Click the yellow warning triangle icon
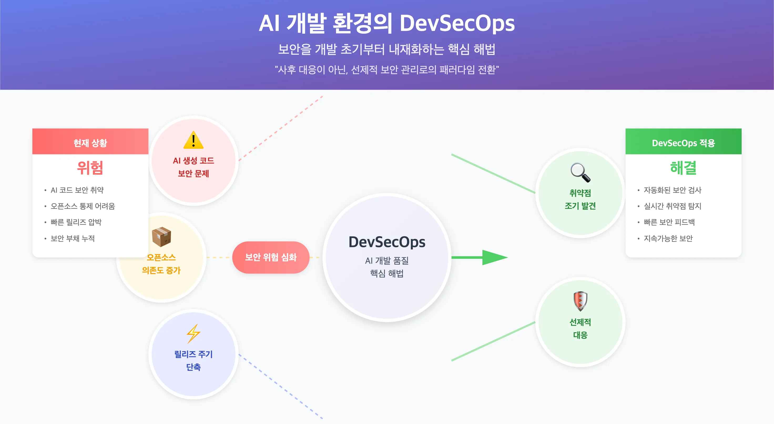(x=193, y=140)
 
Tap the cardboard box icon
(x=161, y=237)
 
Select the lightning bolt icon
(x=193, y=334)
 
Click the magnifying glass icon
(x=580, y=172)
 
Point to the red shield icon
(x=580, y=301)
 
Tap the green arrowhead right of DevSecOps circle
(x=494, y=258)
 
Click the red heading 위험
(x=90, y=168)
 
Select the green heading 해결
(x=683, y=168)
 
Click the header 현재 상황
(x=90, y=143)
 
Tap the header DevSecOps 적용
(x=683, y=143)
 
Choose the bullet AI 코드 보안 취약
(x=77, y=190)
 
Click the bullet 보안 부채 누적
(x=73, y=239)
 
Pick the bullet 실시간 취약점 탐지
(x=673, y=206)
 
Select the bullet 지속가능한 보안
(x=668, y=239)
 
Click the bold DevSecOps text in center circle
(x=387, y=242)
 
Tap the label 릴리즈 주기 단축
(x=193, y=361)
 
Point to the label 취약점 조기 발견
(x=580, y=199)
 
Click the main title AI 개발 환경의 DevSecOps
(x=387, y=23)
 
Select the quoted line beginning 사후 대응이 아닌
(x=387, y=70)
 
